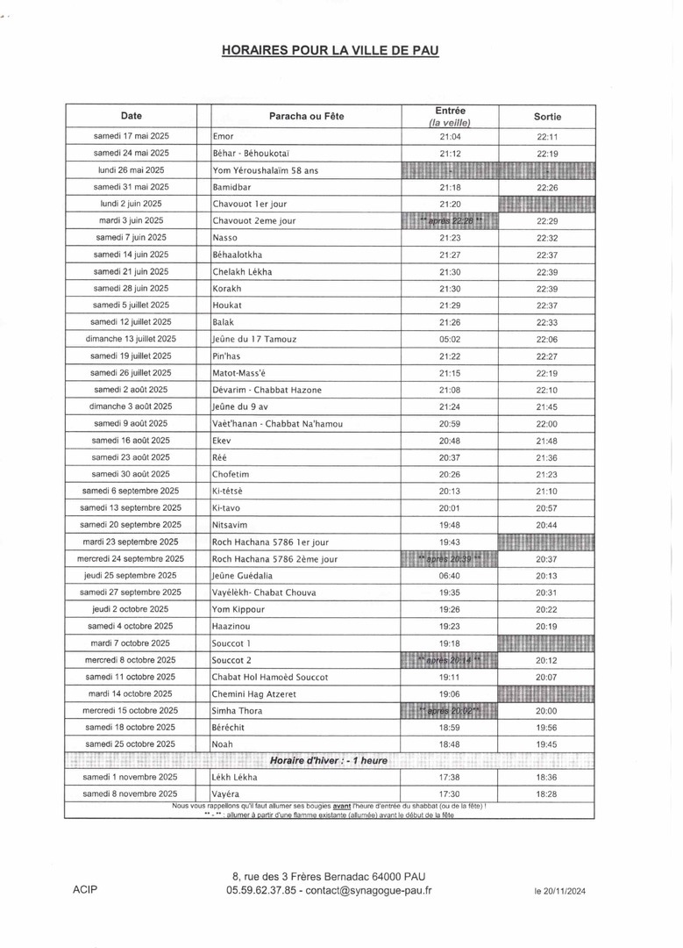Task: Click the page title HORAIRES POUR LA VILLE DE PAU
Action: (331, 52)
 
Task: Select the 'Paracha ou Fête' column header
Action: (306, 117)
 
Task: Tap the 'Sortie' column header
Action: (547, 117)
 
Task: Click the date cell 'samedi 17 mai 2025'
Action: (131, 136)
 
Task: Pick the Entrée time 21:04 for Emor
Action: (450, 137)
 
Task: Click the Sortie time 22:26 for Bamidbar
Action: (547, 188)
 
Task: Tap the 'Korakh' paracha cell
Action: (226, 289)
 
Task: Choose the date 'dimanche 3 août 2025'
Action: (131, 406)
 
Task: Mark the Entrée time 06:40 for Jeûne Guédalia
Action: (450, 576)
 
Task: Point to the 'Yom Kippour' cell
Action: (239, 610)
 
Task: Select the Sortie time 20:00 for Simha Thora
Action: (547, 711)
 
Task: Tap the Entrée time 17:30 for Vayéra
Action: (450, 794)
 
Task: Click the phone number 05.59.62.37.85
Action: (260, 890)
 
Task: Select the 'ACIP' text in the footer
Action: (85, 890)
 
